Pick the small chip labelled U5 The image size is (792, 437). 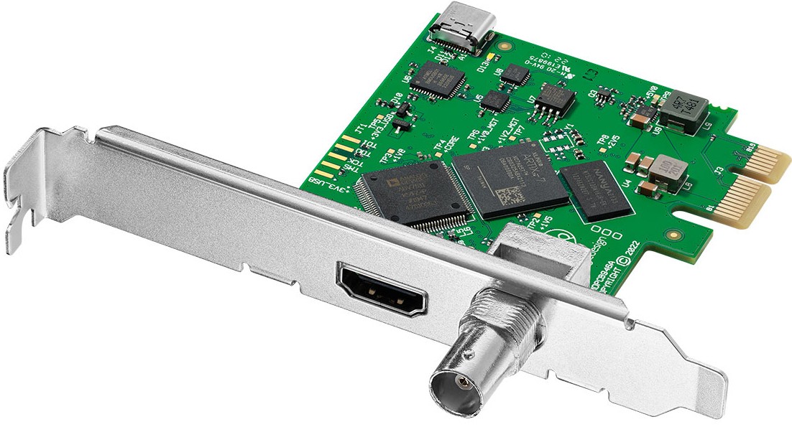coord(495,100)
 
